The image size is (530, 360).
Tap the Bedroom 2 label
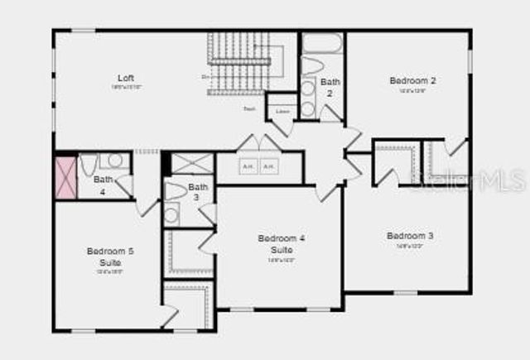click(x=412, y=80)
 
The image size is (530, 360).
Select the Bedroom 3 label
click(x=410, y=236)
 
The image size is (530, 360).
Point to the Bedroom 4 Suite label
click(x=281, y=243)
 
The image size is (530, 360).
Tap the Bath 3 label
click(x=198, y=192)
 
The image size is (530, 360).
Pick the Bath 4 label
click(x=104, y=184)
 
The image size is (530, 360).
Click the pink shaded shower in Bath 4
click(x=65, y=176)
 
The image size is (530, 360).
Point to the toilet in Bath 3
click(x=175, y=191)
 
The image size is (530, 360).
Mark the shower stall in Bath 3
click(x=192, y=162)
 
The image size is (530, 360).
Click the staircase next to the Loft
click(x=240, y=64)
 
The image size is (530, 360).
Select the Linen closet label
click(x=282, y=111)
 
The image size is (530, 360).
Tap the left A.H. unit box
click(x=247, y=166)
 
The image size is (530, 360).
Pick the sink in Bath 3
click(x=171, y=214)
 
